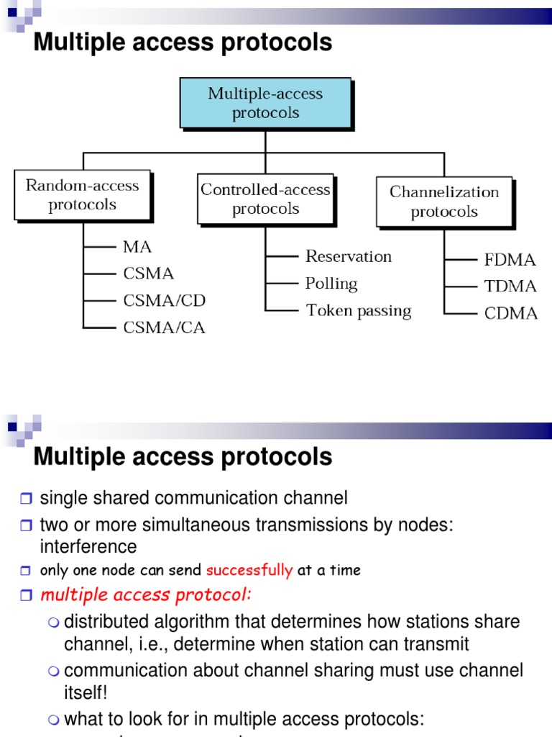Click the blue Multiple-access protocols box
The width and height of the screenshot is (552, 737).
[265, 103]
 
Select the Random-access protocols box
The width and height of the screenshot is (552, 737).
[82, 194]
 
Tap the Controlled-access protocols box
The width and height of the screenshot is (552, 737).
[265, 199]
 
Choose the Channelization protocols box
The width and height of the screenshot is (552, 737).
[444, 202]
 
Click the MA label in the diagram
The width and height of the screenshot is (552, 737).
[137, 247]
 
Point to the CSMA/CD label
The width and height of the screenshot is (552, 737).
[164, 301]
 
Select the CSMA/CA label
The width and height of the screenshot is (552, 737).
[164, 328]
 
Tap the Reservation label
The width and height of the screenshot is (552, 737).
[349, 256]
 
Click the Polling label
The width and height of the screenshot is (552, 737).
[331, 284]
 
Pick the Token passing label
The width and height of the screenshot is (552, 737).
[359, 311]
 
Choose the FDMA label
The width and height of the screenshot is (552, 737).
[510, 260]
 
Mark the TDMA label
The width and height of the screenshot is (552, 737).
[510, 286]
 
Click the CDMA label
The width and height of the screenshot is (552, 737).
[510, 313]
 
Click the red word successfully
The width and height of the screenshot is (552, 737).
[249, 571]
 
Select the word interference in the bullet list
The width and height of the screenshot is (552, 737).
[88, 546]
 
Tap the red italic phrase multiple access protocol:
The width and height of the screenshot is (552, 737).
[146, 595]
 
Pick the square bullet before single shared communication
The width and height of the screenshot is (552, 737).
[27, 499]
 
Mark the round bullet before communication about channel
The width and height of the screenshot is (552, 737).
[55, 672]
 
